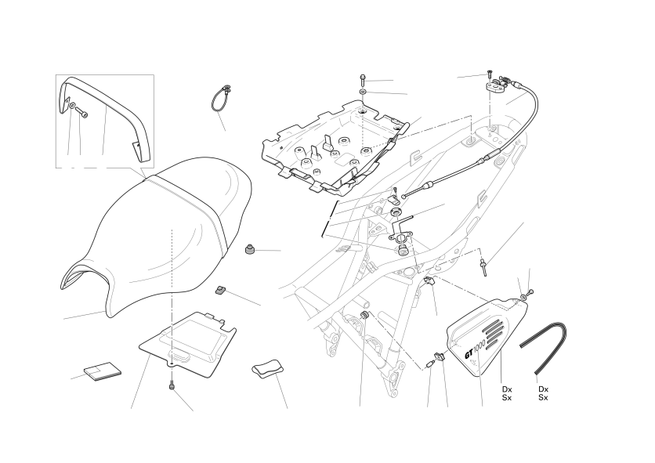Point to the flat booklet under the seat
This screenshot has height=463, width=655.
(x=103, y=371)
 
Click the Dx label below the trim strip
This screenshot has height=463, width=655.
(x=543, y=389)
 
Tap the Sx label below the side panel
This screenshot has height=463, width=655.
(x=507, y=398)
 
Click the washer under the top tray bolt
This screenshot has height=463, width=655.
(x=363, y=92)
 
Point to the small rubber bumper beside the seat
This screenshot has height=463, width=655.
(x=249, y=248)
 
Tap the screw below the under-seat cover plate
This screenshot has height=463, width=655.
(x=172, y=386)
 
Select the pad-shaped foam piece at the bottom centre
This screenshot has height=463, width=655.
(x=268, y=367)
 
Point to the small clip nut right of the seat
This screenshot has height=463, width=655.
(x=219, y=290)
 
